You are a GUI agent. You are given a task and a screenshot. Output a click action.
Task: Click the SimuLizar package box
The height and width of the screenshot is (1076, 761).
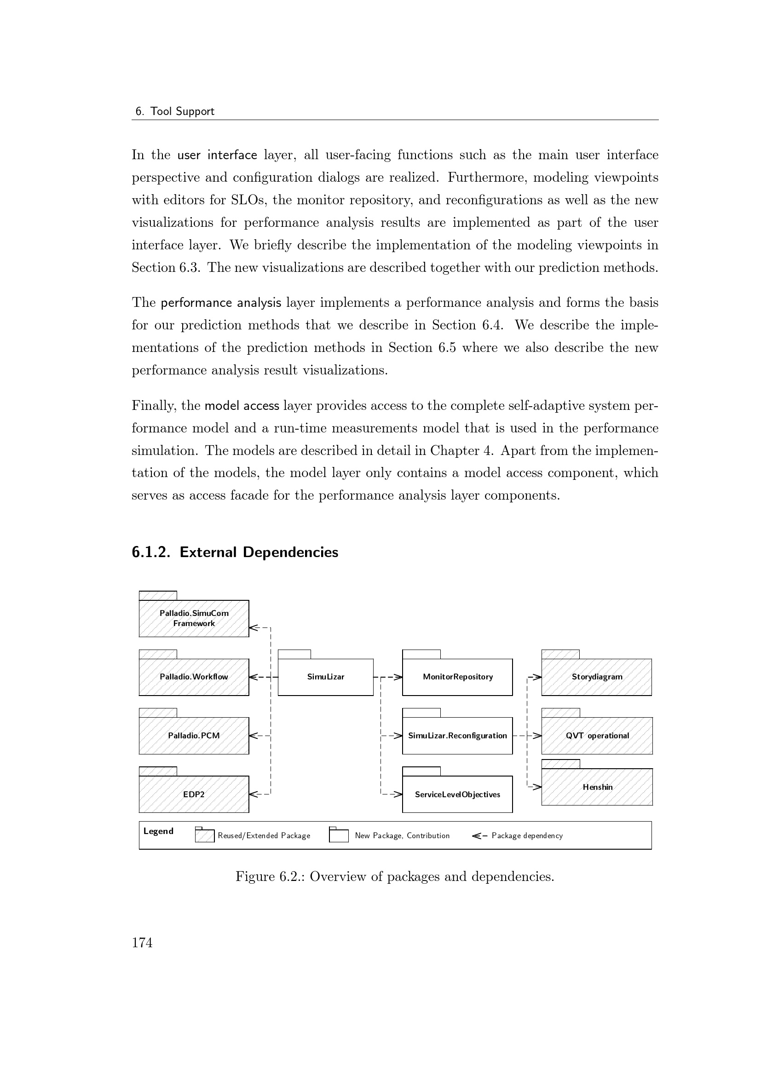326,677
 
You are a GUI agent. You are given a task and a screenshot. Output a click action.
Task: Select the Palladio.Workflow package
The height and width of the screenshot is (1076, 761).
194,677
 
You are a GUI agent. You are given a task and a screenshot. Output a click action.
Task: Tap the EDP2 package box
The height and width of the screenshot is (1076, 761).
194,794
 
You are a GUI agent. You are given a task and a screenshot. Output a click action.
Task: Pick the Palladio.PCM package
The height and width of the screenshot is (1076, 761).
194,735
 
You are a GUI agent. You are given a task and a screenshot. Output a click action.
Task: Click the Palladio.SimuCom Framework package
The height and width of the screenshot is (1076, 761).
194,618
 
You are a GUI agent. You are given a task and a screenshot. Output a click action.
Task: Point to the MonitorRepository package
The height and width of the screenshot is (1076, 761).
457,677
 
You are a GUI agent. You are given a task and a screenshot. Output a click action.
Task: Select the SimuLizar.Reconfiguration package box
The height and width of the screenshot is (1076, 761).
457,735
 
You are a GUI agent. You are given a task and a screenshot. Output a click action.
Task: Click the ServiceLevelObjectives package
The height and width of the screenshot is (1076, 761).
457,794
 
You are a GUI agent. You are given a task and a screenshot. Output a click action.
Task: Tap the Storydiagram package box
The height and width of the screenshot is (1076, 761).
597,677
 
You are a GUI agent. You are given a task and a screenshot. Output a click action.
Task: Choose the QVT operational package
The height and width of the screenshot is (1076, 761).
597,735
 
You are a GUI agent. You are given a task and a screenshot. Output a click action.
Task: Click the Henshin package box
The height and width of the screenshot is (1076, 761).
597,787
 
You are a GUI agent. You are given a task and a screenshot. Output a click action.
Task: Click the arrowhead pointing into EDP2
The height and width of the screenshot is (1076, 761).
254,794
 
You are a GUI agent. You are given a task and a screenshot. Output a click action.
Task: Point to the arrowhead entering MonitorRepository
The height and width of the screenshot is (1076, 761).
398,677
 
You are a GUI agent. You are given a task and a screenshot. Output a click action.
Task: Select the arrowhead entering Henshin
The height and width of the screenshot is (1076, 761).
537,787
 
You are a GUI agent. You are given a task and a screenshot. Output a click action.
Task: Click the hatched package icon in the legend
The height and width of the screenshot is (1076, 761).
205,835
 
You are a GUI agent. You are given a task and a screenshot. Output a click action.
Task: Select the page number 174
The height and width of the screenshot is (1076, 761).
142,943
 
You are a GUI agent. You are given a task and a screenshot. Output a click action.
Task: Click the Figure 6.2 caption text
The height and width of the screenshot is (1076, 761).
395,876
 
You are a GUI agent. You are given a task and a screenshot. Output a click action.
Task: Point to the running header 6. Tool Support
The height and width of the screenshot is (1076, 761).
175,111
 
